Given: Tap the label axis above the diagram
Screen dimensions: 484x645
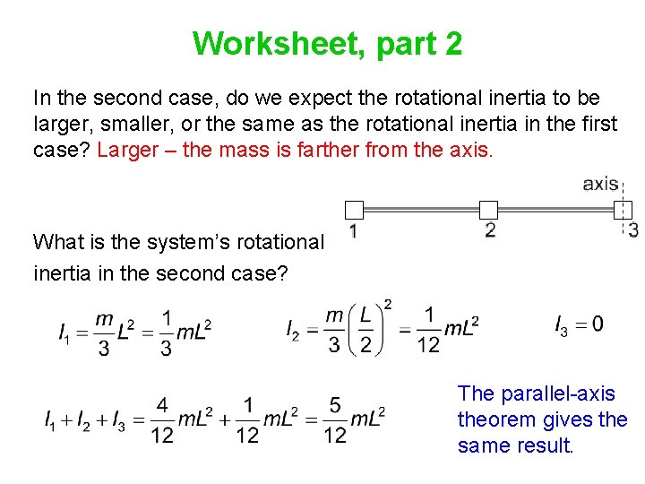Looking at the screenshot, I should [600, 184].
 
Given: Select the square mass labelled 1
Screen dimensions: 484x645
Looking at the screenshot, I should [354, 211].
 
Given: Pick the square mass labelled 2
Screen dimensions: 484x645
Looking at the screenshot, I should [488, 211].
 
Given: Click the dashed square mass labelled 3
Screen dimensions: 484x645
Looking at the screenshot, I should [623, 211].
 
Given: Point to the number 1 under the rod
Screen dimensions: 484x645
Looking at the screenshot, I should [354, 231].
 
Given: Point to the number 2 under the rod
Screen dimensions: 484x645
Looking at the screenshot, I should [489, 231].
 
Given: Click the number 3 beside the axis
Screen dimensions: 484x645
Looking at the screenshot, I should [633, 230].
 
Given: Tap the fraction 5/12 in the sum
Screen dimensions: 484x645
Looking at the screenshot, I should [335, 419].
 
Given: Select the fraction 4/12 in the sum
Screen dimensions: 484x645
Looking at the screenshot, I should [161, 419].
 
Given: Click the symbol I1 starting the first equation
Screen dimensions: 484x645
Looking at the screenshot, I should [64, 334].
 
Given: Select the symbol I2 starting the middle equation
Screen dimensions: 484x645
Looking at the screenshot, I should [293, 331].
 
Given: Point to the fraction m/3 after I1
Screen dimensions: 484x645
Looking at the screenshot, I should [104, 333].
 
